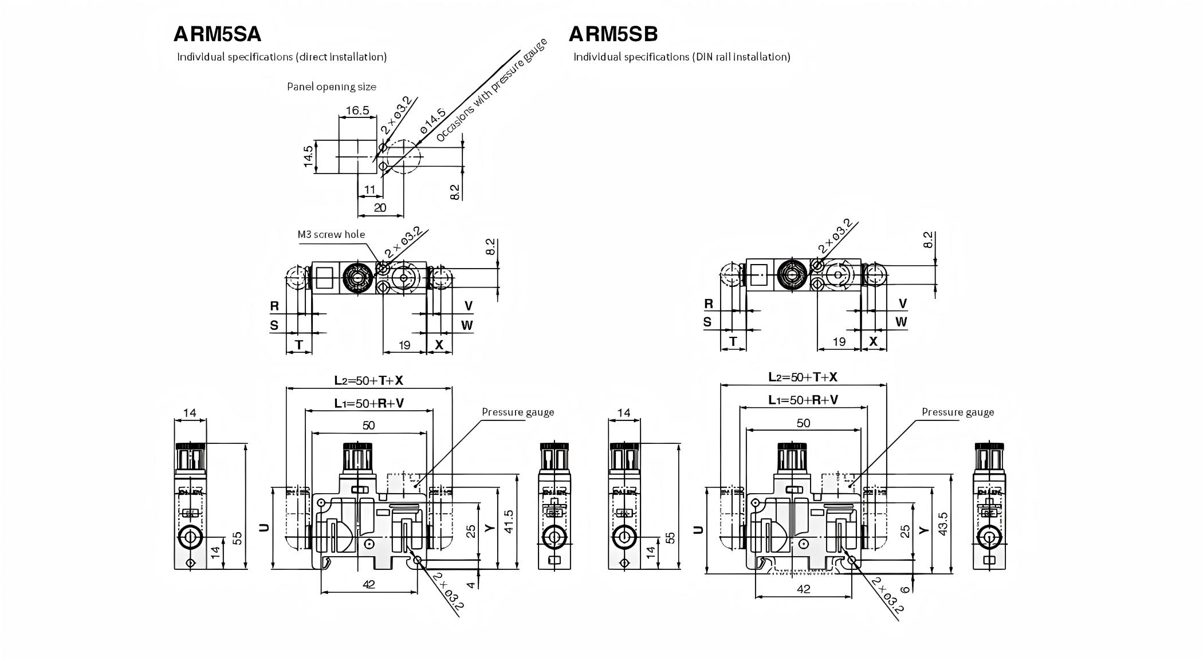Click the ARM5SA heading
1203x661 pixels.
(217, 34)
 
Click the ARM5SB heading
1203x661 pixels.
(613, 34)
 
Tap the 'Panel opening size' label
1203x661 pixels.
(331, 87)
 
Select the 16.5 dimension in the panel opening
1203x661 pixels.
(357, 111)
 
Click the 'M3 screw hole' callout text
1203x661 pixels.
(331, 234)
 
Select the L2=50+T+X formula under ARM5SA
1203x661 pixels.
(369, 380)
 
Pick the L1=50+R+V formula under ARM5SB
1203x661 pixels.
(803, 400)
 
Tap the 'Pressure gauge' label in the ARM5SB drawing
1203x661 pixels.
(958, 412)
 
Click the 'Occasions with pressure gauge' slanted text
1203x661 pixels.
(492, 90)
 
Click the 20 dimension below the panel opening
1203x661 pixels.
(380, 208)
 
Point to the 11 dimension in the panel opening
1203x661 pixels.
(369, 190)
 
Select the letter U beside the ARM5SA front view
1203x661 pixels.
(264, 527)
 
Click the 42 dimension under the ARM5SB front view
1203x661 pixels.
(803, 589)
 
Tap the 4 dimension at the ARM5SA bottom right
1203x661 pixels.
(471, 585)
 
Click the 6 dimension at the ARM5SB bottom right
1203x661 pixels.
(905, 589)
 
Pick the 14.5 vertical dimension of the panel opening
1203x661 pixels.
(309, 156)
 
